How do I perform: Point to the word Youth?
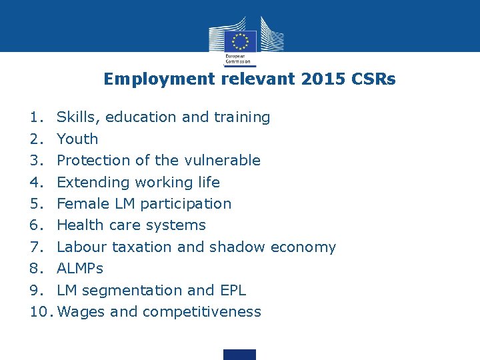77,139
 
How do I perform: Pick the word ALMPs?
80,268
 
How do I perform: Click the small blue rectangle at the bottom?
239,354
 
